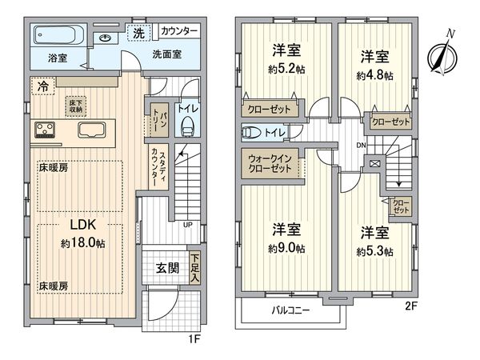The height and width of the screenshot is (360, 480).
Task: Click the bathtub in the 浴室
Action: [58, 36]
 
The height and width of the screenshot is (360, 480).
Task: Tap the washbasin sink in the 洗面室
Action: [105, 38]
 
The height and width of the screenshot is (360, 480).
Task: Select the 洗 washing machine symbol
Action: [138, 33]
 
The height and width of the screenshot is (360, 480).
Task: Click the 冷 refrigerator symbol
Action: [41, 86]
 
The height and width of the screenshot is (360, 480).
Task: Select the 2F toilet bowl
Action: [250, 133]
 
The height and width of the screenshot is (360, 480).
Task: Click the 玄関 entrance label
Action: [168, 267]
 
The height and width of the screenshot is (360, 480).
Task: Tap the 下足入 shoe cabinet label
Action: [194, 266]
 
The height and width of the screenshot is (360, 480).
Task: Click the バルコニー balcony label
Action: [289, 310]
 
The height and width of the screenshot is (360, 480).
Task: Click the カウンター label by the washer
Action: [179, 31]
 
